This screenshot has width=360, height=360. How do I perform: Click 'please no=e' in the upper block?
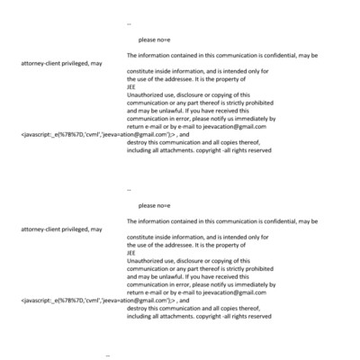[155, 40]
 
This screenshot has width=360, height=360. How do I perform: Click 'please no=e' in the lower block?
[155, 206]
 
